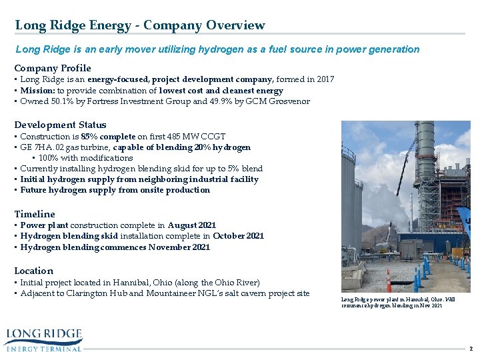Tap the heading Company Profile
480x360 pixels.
click(53, 68)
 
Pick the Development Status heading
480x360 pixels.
click(60, 125)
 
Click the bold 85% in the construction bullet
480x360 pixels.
click(90, 137)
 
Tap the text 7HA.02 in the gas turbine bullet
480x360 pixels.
click(52, 147)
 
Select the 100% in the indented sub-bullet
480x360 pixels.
click(49, 158)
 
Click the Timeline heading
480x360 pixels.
click(35, 214)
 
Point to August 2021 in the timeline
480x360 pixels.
click(192, 225)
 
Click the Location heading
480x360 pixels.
click(33, 271)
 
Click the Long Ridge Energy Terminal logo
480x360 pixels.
click(43, 339)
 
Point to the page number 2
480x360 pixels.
click(471, 349)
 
